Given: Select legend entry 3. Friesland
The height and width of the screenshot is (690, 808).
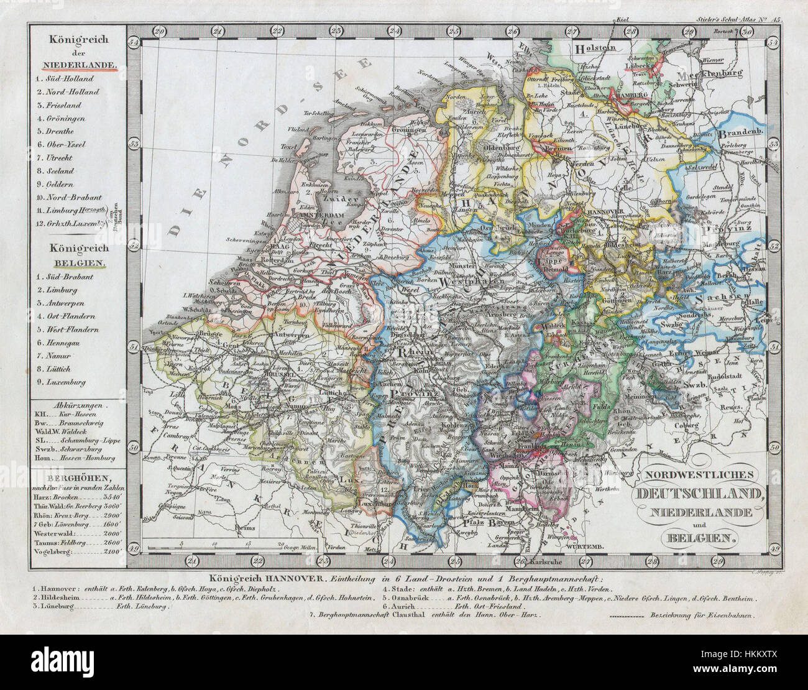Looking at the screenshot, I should pos(60,105).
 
